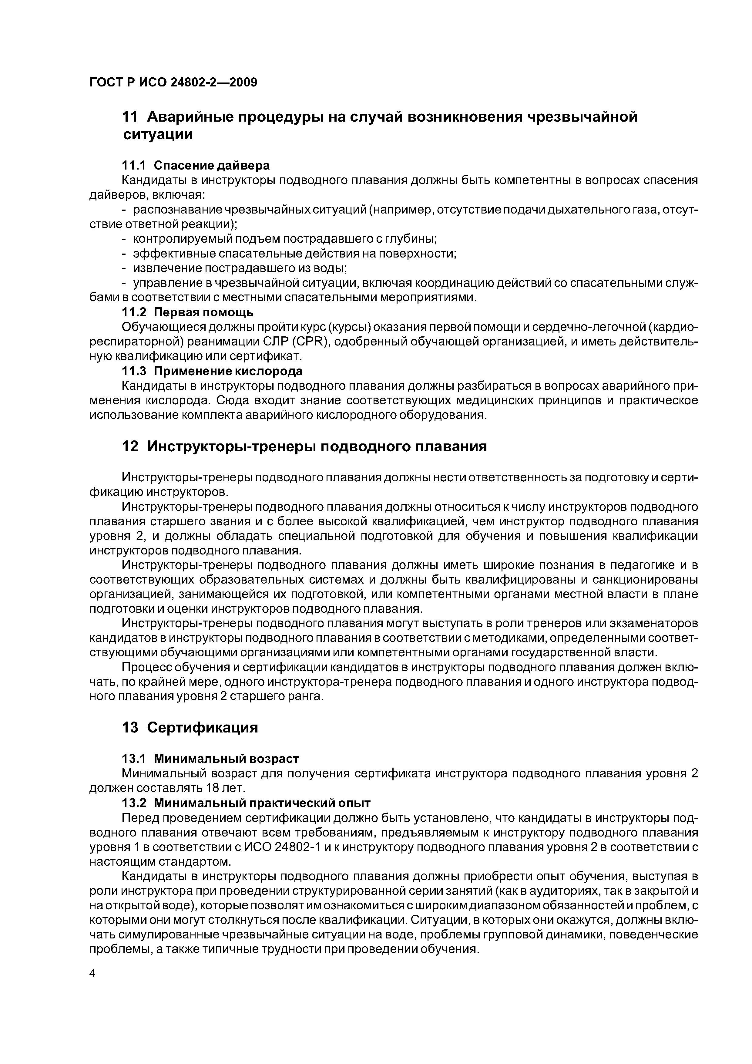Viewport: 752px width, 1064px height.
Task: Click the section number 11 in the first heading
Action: [130, 117]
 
